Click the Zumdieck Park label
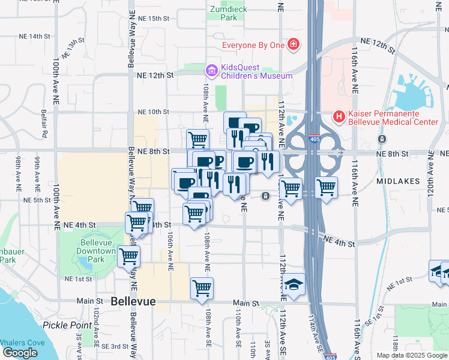click(x=224, y=13)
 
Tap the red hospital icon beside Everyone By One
click(x=293, y=44)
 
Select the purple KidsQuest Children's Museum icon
click(x=211, y=71)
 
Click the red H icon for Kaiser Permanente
click(x=339, y=116)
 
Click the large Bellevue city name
click(x=133, y=301)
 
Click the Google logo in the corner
click(x=20, y=353)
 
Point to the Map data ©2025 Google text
click(x=411, y=355)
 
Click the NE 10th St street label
click(x=154, y=112)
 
